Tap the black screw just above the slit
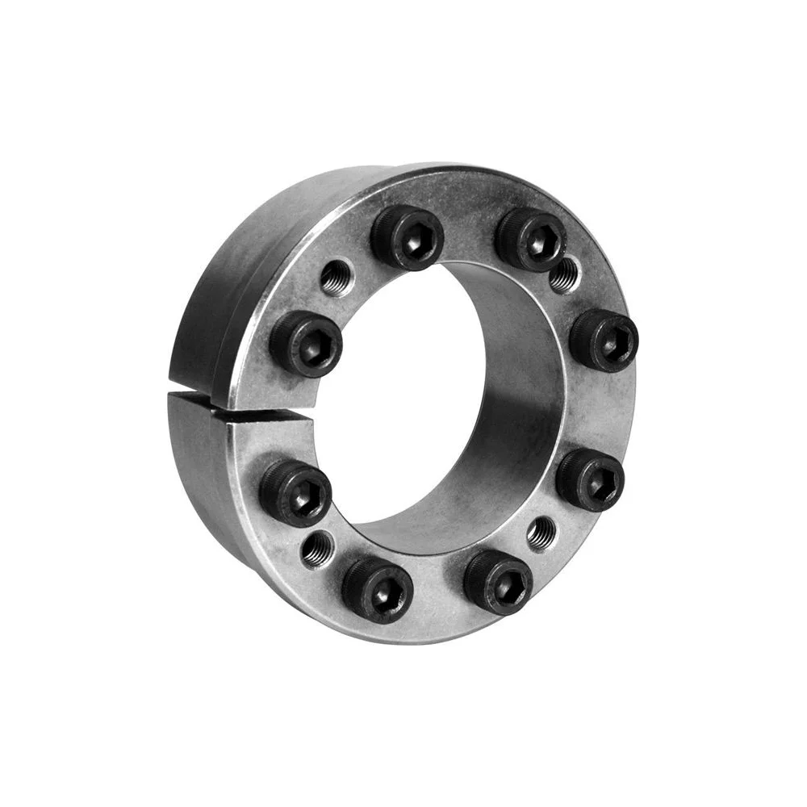(305, 344)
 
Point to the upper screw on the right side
(604, 339)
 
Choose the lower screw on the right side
(590, 480)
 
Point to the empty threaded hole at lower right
(541, 532)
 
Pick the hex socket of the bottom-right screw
(500, 583)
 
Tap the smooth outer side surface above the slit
(218, 299)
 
